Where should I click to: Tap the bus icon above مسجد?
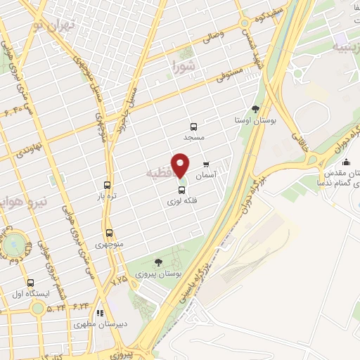point(193,127)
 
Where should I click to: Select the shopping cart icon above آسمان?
point(206,165)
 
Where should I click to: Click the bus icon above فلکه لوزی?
point(181,189)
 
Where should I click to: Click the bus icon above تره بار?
point(107,184)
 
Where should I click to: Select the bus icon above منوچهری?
point(109,233)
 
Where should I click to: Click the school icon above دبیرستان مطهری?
point(100,313)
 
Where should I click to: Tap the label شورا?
point(185,67)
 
